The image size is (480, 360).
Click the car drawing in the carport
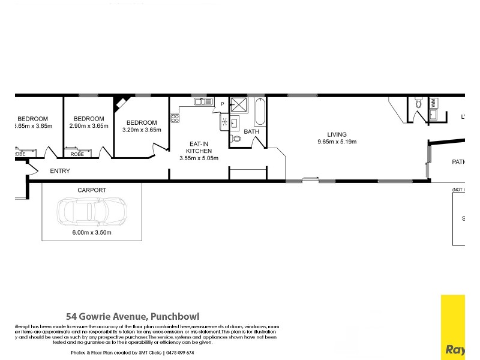(x=91, y=212)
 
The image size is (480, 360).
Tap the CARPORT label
(x=92, y=190)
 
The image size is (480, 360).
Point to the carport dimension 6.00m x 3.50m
(x=92, y=233)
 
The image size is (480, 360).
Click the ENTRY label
(x=60, y=171)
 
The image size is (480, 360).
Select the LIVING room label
(x=337, y=134)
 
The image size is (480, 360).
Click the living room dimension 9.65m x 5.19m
(x=337, y=142)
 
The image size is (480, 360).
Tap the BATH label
(x=251, y=131)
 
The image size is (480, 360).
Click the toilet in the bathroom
(x=236, y=139)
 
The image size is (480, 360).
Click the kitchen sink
(x=200, y=103)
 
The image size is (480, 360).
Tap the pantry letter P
(x=222, y=104)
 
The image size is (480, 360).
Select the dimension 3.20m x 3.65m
(x=142, y=130)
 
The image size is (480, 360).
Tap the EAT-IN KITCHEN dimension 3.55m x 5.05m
(x=199, y=158)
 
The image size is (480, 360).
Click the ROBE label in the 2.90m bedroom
(x=77, y=154)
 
